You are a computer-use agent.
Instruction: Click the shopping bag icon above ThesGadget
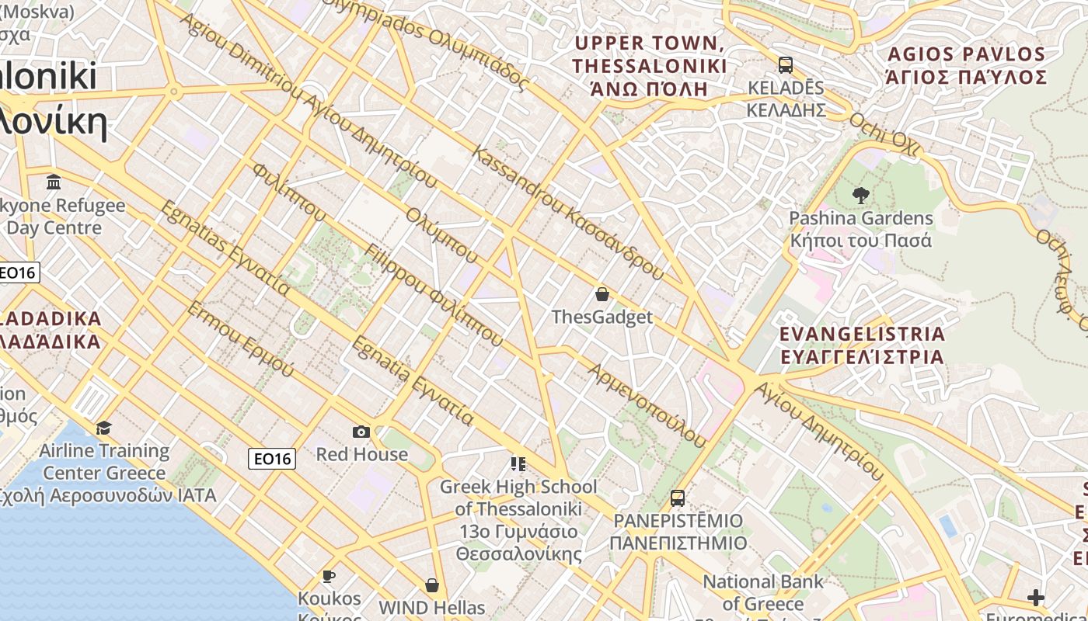(602, 294)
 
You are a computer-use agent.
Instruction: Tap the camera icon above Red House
(361, 432)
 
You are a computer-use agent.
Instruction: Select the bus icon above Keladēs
(786, 64)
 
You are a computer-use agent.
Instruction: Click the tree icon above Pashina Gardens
(860, 195)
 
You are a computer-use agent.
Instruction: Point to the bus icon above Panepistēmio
(678, 498)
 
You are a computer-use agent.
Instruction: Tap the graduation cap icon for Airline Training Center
(103, 428)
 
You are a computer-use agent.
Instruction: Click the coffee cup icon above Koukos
(329, 576)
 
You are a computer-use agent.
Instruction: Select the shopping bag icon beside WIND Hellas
(432, 585)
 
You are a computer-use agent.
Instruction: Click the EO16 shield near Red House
(273, 459)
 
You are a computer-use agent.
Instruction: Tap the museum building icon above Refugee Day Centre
(54, 182)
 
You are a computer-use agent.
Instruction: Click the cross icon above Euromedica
(1035, 597)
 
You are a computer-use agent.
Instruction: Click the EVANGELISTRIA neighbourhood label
(862, 335)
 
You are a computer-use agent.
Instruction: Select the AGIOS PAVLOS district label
(966, 54)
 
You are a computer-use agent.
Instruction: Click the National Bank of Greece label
(762, 592)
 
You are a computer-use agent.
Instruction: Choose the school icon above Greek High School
(518, 464)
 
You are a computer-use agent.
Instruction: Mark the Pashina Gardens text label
(860, 218)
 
